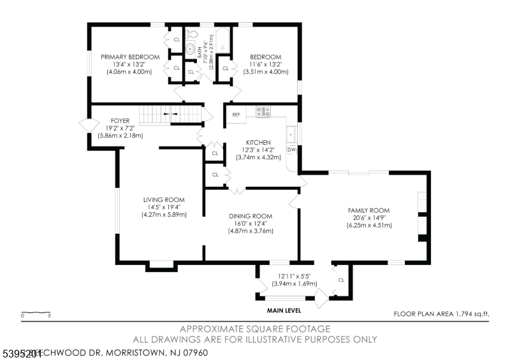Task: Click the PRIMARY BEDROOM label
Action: click(130, 57)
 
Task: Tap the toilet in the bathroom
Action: click(192, 48)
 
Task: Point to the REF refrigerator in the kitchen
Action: click(236, 115)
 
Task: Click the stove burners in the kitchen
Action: click(263, 112)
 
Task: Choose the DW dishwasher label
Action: click(291, 150)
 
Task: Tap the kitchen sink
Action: click(291, 134)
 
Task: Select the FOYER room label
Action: click(120, 120)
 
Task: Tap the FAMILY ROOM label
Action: click(368, 210)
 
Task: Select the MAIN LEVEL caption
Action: click(284, 311)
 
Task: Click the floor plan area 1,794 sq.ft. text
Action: click(441, 313)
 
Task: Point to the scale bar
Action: click(36, 313)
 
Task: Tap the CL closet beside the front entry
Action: click(341, 280)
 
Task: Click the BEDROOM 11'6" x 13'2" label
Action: click(265, 57)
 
